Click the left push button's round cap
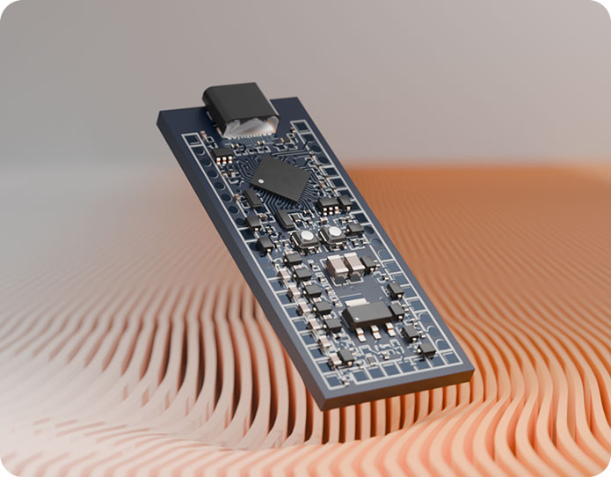(305, 238)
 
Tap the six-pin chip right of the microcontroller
(329, 204)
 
